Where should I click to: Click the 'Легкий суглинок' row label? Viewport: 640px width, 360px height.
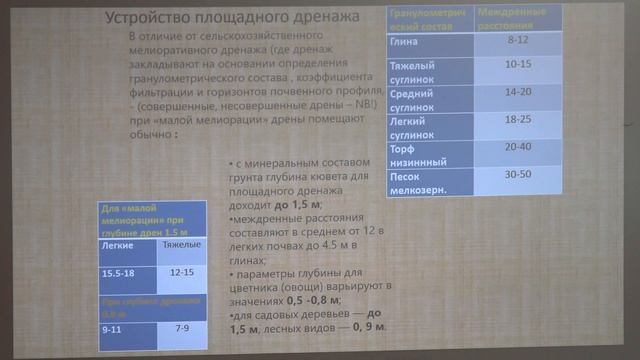[x=411, y=124]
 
